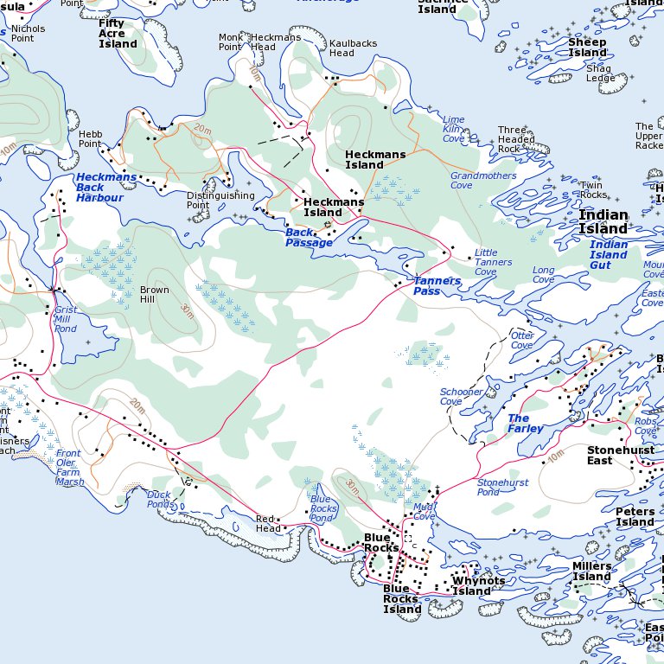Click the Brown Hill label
coord(155,295)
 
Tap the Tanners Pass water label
coord(437,286)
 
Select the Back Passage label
coord(309,238)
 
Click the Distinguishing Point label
coord(210,201)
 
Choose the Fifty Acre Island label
coord(118,34)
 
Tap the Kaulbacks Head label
coord(342,48)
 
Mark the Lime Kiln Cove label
coord(453,129)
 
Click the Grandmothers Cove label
coord(474,180)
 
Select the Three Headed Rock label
coord(516,139)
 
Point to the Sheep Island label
coord(587,48)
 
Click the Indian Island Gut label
coord(609,255)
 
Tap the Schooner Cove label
coord(462,397)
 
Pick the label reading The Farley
coord(526,424)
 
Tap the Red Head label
coord(268,524)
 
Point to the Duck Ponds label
coord(159,500)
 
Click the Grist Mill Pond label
coord(66,319)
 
